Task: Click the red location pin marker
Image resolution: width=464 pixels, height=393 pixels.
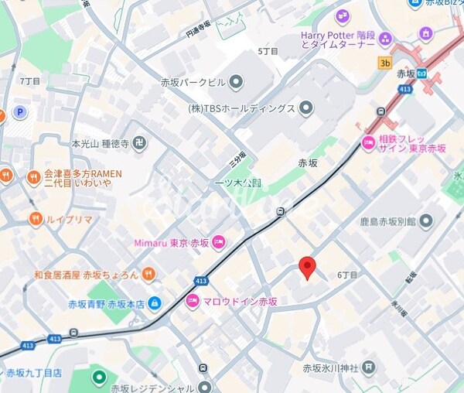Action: point(308,266)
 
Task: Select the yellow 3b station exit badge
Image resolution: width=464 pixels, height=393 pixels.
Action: point(384,62)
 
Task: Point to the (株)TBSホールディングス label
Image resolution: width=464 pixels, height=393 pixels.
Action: point(241,108)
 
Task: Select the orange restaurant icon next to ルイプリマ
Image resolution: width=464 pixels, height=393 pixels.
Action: point(35,219)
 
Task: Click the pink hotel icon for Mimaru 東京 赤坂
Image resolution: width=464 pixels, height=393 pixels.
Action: point(219,242)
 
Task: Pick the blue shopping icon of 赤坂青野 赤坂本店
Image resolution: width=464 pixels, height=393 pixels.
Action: point(155,302)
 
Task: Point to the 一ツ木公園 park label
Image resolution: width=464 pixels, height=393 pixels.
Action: point(238,183)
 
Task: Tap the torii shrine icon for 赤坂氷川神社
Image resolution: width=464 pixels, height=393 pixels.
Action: point(369,367)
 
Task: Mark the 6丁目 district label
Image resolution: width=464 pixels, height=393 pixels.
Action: point(347,275)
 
